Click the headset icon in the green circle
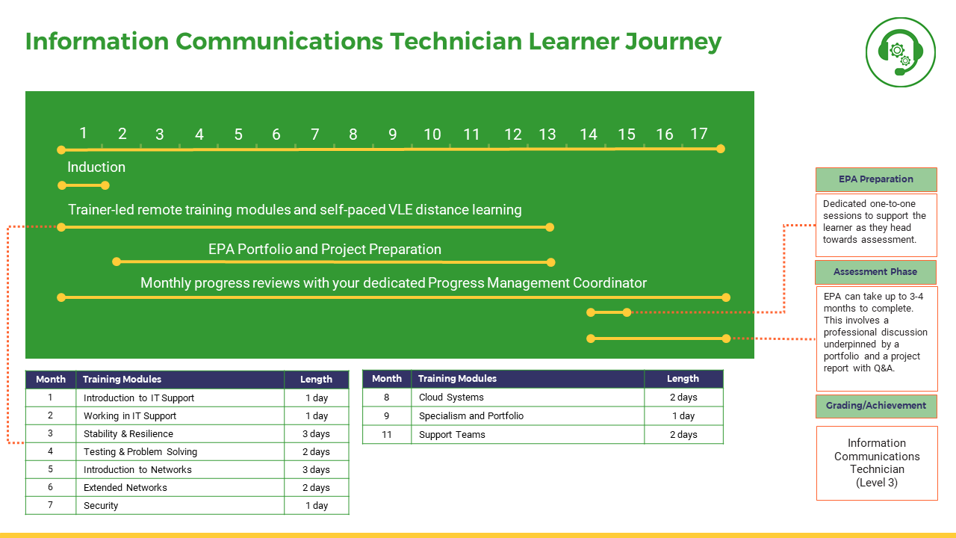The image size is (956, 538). (x=900, y=53)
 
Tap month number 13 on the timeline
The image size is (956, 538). (x=547, y=134)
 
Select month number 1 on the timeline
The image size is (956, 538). (x=83, y=133)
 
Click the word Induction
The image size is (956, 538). (x=96, y=167)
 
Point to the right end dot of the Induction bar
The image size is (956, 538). (x=105, y=185)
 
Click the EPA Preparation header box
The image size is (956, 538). (x=876, y=179)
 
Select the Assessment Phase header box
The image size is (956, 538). (x=876, y=272)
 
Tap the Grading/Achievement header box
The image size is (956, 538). (x=876, y=406)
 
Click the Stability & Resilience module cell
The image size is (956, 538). (x=180, y=434)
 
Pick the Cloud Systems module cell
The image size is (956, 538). (x=527, y=397)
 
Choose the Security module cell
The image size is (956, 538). (x=180, y=506)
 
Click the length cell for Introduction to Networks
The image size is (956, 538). (x=316, y=470)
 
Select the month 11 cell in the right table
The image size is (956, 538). (x=387, y=435)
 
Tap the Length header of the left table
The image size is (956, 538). (x=316, y=380)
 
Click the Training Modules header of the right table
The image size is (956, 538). (x=527, y=379)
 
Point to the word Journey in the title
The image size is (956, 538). (x=673, y=43)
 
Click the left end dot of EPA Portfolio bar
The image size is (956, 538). (x=117, y=262)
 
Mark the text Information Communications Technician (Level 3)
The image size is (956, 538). (x=877, y=463)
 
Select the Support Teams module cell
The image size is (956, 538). (x=527, y=435)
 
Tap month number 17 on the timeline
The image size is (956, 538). (x=698, y=134)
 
